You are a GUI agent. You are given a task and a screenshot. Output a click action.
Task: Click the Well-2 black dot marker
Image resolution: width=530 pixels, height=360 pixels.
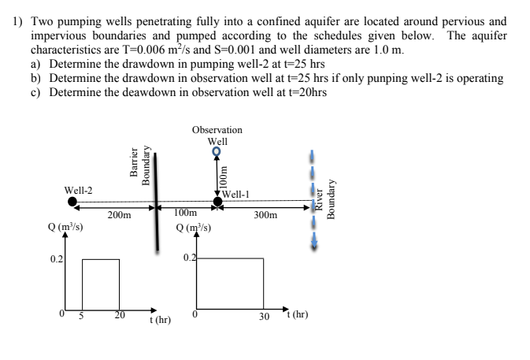(72, 202)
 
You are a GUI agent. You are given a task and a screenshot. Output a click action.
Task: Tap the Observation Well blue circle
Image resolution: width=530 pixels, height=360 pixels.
(217, 154)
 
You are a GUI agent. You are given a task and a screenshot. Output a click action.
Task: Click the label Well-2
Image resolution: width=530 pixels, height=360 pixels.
(78, 190)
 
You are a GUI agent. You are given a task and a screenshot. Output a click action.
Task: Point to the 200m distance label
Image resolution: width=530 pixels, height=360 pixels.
(120, 214)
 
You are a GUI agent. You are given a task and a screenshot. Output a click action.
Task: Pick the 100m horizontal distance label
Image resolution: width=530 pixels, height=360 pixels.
(185, 213)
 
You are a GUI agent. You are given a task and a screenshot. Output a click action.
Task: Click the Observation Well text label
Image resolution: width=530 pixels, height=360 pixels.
(217, 135)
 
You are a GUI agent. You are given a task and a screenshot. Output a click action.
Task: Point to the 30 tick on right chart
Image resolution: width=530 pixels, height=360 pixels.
(265, 317)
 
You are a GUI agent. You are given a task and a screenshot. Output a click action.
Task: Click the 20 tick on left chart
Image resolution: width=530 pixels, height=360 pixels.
(119, 315)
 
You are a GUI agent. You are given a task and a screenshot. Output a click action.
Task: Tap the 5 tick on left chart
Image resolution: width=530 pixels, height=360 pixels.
(81, 315)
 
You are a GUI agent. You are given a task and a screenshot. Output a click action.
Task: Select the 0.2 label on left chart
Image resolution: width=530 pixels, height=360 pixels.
(56, 258)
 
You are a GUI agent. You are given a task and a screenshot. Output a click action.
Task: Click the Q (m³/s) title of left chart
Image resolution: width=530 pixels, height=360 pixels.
(66, 228)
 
